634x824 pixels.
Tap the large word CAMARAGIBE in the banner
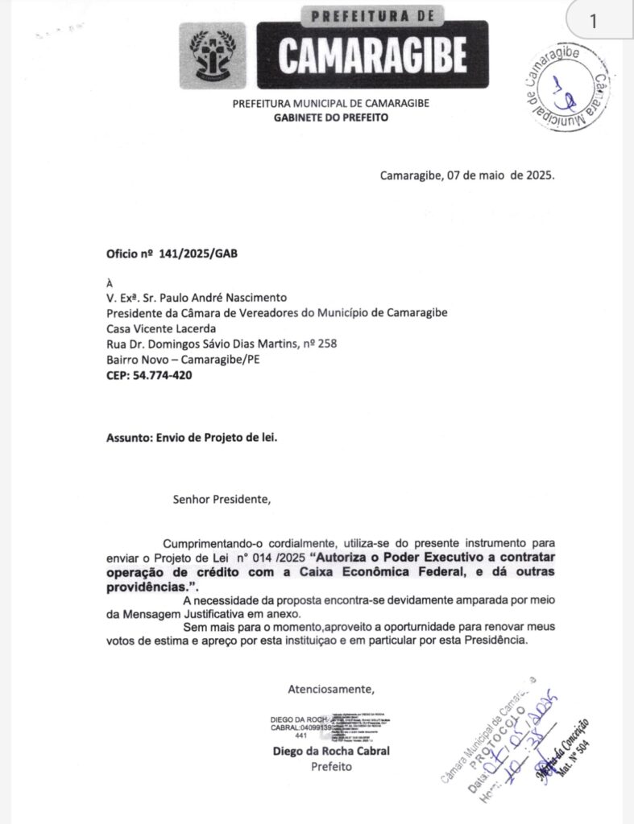point(372,54)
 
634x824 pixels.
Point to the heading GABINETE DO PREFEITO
point(331,117)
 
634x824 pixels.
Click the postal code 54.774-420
point(163,375)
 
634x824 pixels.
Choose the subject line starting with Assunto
point(197,439)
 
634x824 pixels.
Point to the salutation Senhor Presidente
point(222,499)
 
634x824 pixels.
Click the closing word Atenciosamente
point(331,689)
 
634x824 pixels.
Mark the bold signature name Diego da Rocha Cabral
point(331,752)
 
